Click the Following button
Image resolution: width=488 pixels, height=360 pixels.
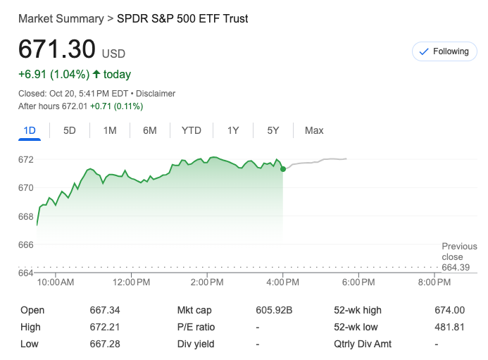(x=444, y=51)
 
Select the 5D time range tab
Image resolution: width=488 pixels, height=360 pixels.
(x=70, y=130)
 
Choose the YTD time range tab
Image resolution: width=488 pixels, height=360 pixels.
(x=191, y=130)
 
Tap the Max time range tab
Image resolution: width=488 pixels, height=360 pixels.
(x=314, y=130)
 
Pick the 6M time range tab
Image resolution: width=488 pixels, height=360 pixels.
(x=149, y=130)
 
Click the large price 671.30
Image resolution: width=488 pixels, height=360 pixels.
(x=56, y=49)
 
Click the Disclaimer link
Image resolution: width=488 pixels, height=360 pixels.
(x=156, y=94)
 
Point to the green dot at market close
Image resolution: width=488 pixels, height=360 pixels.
(x=283, y=169)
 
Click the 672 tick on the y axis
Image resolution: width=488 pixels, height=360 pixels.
(x=25, y=159)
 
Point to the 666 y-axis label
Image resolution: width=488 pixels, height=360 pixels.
(x=25, y=244)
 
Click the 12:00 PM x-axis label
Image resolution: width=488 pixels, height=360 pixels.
(x=131, y=283)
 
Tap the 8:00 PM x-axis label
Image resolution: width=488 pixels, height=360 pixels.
(x=434, y=283)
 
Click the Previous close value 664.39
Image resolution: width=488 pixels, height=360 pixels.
(x=456, y=267)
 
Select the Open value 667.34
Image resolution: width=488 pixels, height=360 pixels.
(x=105, y=310)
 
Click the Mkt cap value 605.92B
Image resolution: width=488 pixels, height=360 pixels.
(x=274, y=310)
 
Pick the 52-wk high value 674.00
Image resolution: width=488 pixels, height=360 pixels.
(x=450, y=310)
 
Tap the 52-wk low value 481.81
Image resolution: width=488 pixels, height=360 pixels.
(x=450, y=327)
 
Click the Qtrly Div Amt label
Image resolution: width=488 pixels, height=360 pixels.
(x=363, y=344)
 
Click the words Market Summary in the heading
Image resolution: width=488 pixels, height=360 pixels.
(x=61, y=18)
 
